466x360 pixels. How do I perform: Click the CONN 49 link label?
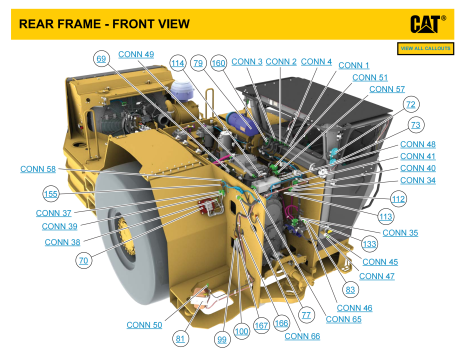135,54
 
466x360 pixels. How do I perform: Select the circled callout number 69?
101,59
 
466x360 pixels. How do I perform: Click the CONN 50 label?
144,325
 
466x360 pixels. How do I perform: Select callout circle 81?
181,337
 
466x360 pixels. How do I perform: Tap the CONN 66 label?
302,337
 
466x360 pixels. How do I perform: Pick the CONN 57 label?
387,89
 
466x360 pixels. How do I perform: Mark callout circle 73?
415,125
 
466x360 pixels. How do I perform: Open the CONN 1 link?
354,65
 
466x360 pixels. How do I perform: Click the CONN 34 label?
417,180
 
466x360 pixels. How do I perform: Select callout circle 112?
398,199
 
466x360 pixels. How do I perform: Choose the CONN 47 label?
377,276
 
